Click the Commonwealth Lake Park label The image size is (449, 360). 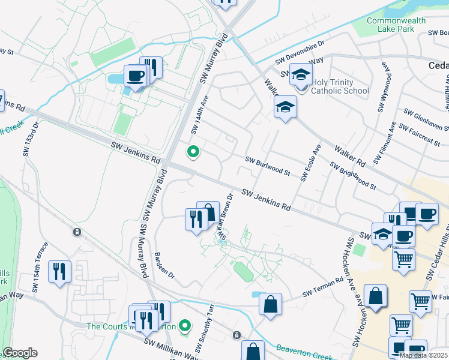tap(396, 25)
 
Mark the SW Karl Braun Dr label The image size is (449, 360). tap(226, 217)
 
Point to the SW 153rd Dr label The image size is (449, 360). tap(31, 139)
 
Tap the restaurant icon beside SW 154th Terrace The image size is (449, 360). tap(59, 271)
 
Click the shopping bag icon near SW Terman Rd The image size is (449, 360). tap(271, 303)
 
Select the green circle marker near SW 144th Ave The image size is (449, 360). tap(193, 152)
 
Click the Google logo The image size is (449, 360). tap(19, 353)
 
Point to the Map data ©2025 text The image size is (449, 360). tap(424, 355)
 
